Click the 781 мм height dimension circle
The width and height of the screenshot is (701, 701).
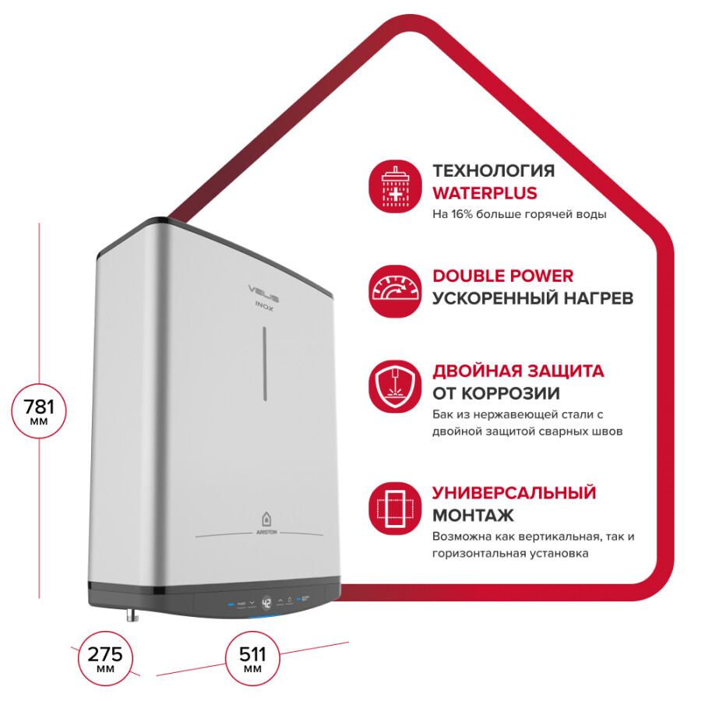[39, 410]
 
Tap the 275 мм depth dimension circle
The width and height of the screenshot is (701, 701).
[105, 658]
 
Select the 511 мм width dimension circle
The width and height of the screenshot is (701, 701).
[252, 658]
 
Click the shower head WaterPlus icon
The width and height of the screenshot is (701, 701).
[395, 186]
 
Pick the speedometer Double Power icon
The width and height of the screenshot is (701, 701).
[395, 291]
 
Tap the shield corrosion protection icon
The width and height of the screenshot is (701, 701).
[395, 386]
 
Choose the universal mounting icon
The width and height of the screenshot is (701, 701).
[395, 509]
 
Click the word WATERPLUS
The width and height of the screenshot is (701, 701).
[484, 193]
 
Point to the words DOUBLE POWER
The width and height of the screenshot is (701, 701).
[503, 276]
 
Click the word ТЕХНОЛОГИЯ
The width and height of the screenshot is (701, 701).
[494, 171]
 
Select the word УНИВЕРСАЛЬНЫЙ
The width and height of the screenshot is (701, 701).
[514, 493]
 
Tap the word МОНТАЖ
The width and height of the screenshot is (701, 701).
[473, 516]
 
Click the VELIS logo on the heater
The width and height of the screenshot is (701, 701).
[264, 293]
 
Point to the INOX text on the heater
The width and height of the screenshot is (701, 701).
[264, 307]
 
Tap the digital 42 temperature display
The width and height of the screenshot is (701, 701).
[266, 603]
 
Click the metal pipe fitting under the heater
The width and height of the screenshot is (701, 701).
[132, 615]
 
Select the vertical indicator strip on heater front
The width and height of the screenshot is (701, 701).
[265, 363]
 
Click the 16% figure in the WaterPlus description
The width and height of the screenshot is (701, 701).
[462, 214]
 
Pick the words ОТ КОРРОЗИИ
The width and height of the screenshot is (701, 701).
[496, 393]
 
